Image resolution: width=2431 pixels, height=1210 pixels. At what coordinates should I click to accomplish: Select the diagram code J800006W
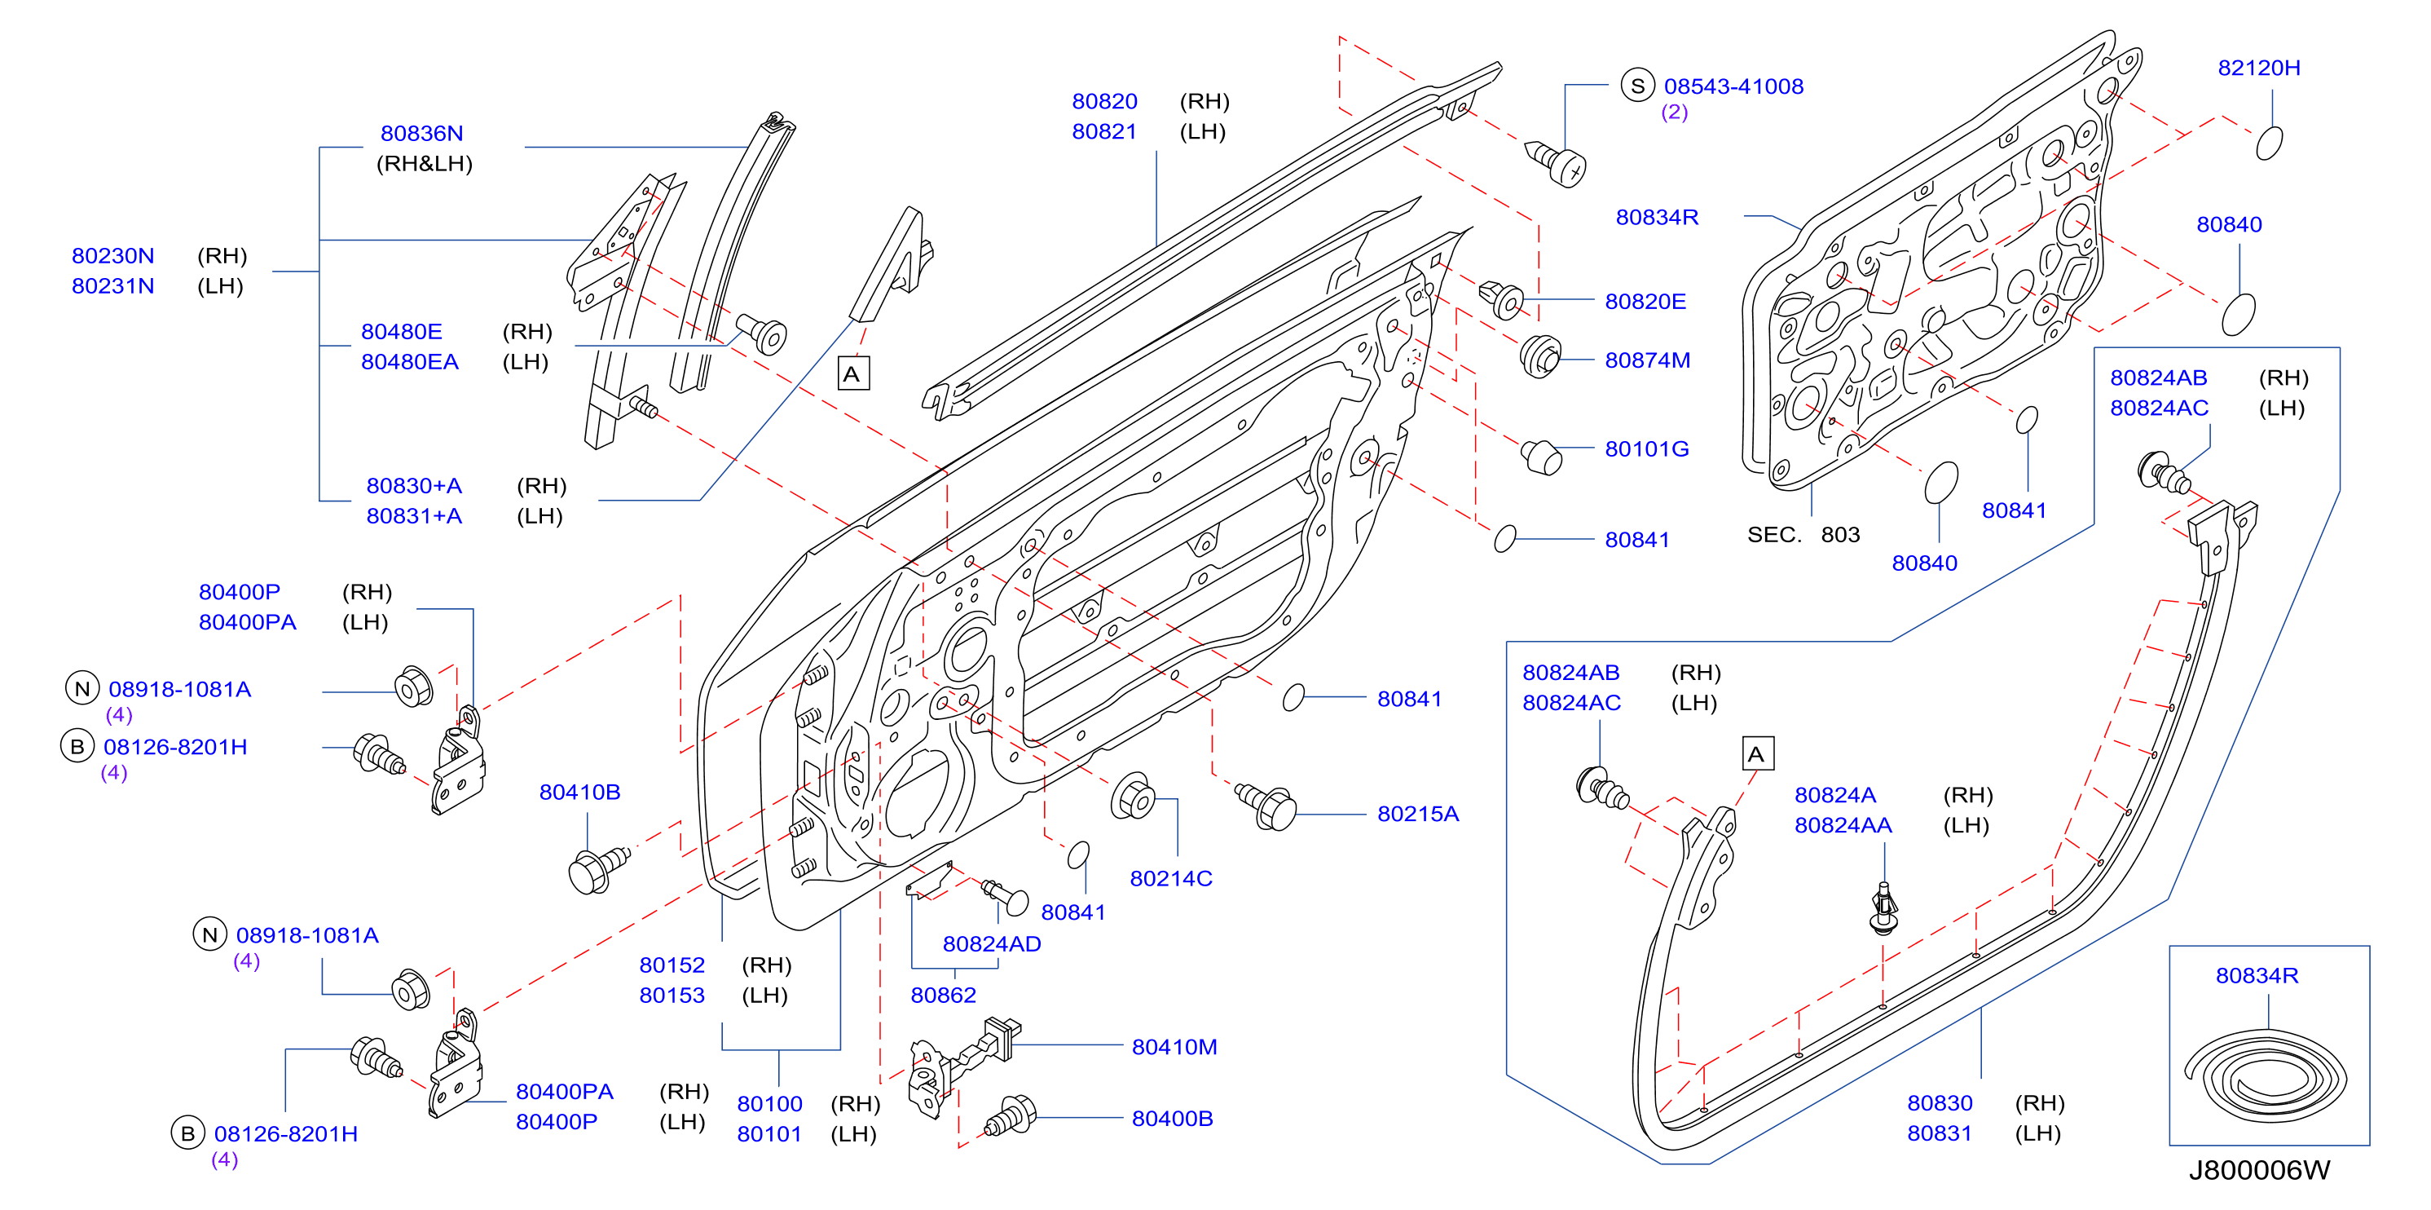pos(2258,1170)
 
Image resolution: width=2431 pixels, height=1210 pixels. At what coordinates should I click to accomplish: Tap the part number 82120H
pos(2258,68)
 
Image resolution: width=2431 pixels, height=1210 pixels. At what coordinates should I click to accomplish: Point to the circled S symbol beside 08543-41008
pos(1637,86)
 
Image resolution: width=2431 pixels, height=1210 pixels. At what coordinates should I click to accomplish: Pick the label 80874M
pos(1647,360)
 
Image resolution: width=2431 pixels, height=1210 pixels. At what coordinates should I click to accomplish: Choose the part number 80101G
pos(1647,449)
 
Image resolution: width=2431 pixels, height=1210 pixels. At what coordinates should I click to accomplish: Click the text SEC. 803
pos(1803,535)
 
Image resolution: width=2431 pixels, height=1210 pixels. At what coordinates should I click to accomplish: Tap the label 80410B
pos(579,792)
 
